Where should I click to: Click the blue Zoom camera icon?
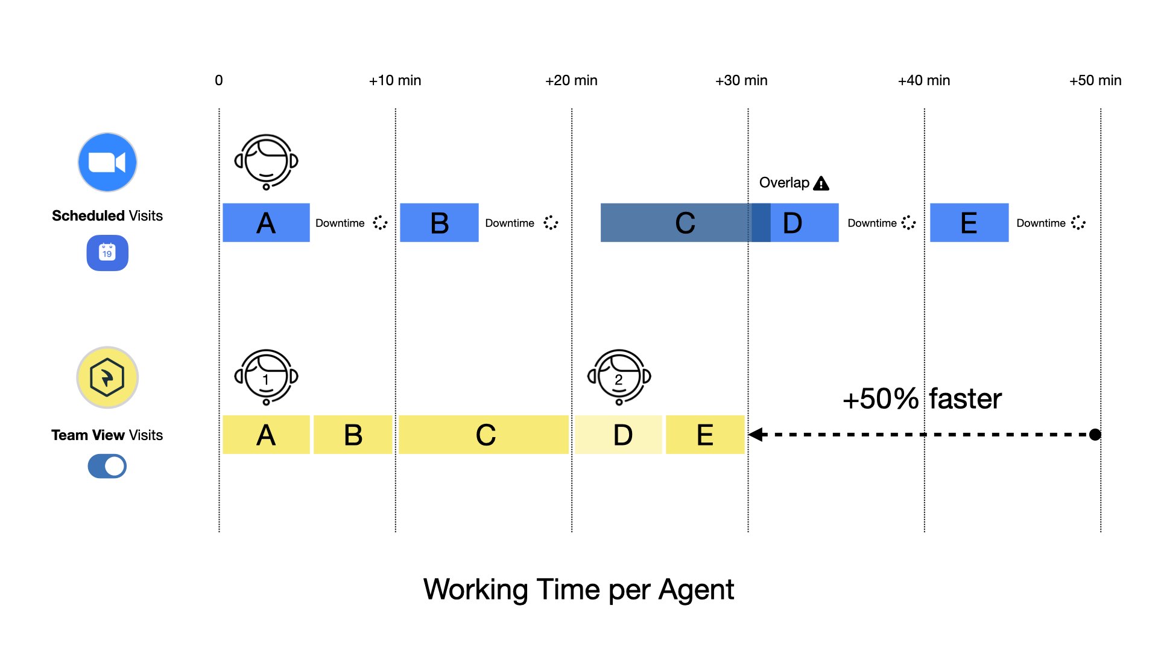pyautogui.click(x=107, y=162)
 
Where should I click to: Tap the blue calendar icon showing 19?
pyautogui.click(x=107, y=252)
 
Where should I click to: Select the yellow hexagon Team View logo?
pyautogui.click(x=107, y=377)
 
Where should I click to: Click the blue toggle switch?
pyautogui.click(x=107, y=466)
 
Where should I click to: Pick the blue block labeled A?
pyautogui.click(x=266, y=223)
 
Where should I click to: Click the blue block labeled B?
pyautogui.click(x=439, y=223)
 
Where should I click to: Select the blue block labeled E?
pyautogui.click(x=969, y=223)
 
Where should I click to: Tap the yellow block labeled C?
pyautogui.click(x=484, y=435)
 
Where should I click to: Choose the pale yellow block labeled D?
pyautogui.click(x=618, y=435)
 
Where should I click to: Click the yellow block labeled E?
pyautogui.click(x=705, y=435)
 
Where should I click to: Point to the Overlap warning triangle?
pyautogui.click(x=821, y=184)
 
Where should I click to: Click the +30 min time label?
pyautogui.click(x=741, y=80)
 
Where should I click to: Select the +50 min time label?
pyautogui.click(x=1095, y=80)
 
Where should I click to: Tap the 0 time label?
pyautogui.click(x=219, y=80)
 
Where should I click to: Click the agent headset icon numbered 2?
pyautogui.click(x=619, y=377)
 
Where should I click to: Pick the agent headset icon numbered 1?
pyautogui.click(x=266, y=377)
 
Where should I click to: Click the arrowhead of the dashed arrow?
pyautogui.click(x=755, y=435)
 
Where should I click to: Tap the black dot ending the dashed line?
pyautogui.click(x=1095, y=435)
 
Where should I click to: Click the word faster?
pyautogui.click(x=965, y=399)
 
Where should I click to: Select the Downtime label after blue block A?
pyautogui.click(x=340, y=223)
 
